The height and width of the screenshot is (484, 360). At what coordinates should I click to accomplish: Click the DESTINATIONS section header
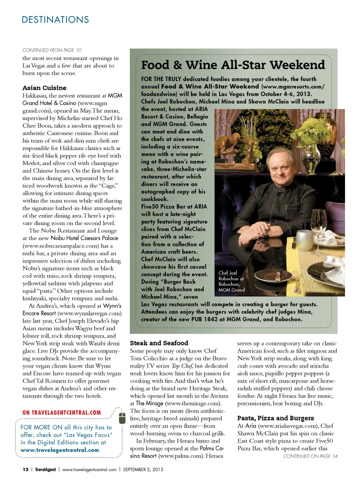click(x=55, y=20)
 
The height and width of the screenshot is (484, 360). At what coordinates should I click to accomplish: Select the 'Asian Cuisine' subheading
click(x=44, y=88)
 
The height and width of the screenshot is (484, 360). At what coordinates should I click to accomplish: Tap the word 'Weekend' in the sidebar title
click(x=297, y=65)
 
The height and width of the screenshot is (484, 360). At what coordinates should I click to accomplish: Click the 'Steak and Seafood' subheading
click(x=159, y=343)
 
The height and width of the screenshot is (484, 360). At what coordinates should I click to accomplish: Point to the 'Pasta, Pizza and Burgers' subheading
click(x=276, y=418)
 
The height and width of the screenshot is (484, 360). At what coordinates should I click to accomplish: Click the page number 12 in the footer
click(x=25, y=469)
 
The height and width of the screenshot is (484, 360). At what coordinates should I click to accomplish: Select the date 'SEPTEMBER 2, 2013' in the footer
click(x=143, y=469)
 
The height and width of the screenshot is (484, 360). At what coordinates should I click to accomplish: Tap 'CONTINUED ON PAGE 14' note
click(x=310, y=456)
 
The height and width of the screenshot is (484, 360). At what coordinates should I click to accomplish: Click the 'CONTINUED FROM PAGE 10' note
click(x=52, y=50)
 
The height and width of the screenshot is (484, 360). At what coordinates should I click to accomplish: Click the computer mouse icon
click(x=122, y=417)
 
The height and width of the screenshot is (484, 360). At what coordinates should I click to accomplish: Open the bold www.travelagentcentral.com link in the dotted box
click(x=60, y=450)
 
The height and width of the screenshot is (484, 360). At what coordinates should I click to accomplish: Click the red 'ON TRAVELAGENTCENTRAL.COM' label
click(x=61, y=413)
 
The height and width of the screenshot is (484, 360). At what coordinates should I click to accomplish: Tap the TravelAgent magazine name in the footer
click(x=45, y=469)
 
